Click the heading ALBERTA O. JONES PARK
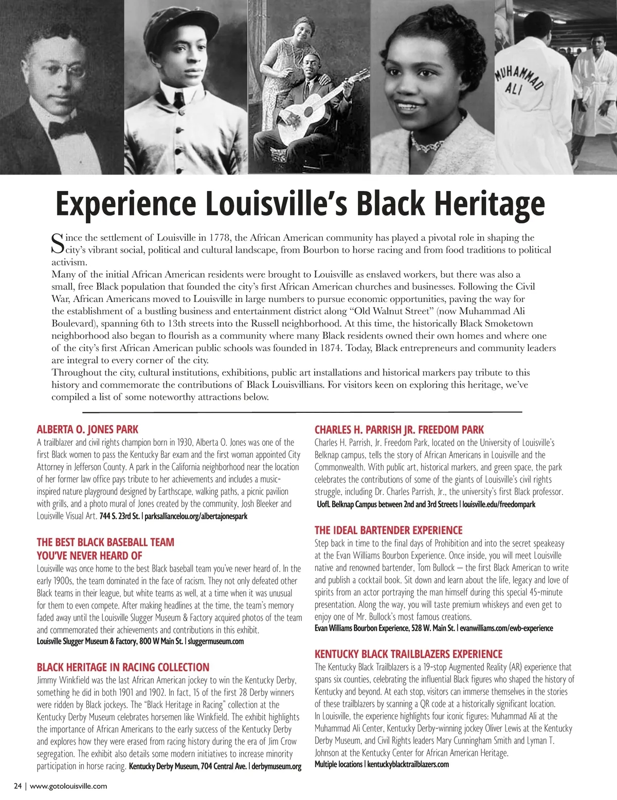click(x=87, y=429)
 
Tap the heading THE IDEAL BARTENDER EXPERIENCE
click(x=388, y=530)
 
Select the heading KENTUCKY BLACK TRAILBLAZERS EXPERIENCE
click(x=408, y=654)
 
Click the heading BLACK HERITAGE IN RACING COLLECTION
click(x=123, y=667)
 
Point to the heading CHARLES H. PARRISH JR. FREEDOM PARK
click(x=399, y=429)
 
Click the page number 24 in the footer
click(x=18, y=786)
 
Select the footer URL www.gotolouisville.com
click(x=68, y=786)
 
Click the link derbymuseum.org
click(x=277, y=767)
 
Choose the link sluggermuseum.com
click(x=216, y=641)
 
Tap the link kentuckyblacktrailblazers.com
click(x=408, y=764)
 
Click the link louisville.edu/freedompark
click(x=499, y=504)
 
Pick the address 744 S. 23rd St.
click(x=119, y=516)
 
